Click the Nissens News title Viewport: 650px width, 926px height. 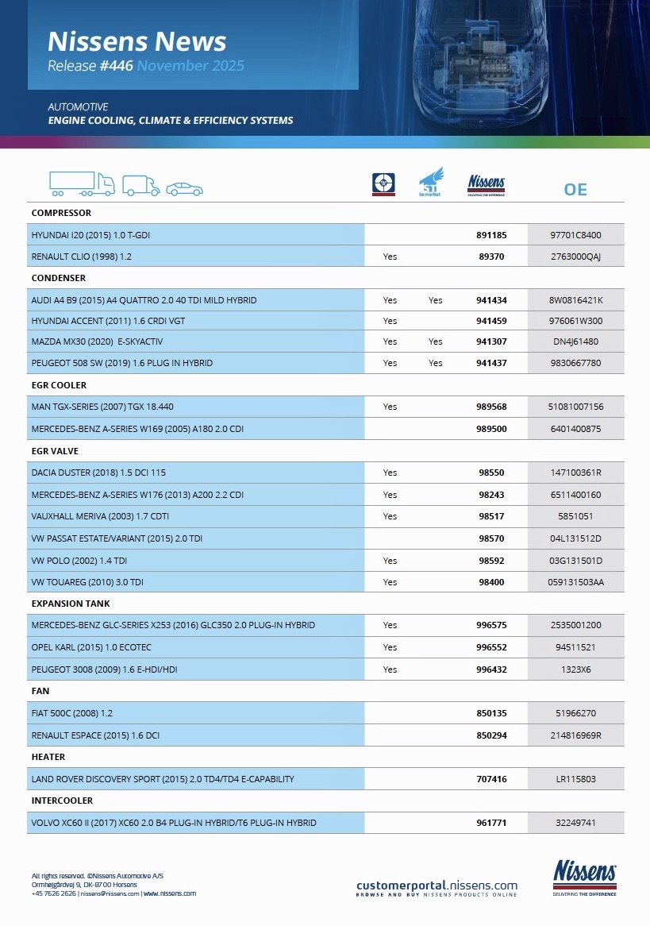point(137,41)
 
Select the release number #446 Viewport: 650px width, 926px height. point(116,66)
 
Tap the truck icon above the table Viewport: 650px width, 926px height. point(82,183)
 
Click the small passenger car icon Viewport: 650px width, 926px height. point(184,189)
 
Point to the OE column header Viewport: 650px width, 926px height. point(575,189)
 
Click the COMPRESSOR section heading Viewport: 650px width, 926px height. point(61,213)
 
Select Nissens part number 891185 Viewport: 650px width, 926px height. point(491,235)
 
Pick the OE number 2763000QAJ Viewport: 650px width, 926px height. point(575,257)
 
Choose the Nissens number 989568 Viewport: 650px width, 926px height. point(491,407)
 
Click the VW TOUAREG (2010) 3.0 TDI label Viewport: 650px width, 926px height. point(88,582)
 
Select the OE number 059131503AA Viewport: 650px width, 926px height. point(575,582)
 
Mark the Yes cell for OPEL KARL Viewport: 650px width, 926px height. point(390,647)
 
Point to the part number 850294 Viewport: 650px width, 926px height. point(491,735)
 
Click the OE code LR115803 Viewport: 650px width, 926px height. point(575,779)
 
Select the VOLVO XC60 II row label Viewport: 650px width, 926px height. point(174,823)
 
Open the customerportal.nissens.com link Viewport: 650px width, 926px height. point(437,885)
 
